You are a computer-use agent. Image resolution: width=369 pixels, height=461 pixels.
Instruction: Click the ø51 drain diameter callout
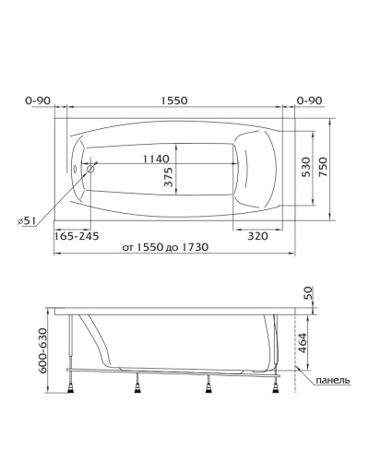click(x=29, y=219)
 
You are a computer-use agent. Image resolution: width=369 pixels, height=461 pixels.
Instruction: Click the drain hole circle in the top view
click(x=92, y=168)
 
